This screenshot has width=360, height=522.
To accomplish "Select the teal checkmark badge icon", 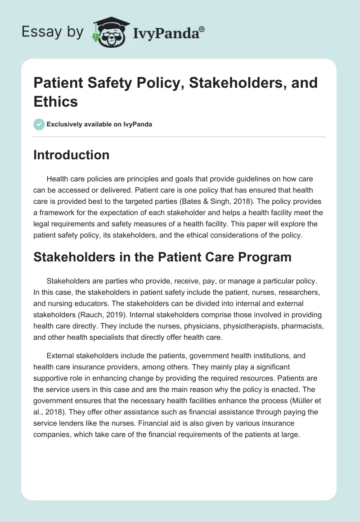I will pos(39,124).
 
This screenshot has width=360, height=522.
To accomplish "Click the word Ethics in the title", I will pos(56,101).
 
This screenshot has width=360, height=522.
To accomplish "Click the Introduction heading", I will pos(72,155).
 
